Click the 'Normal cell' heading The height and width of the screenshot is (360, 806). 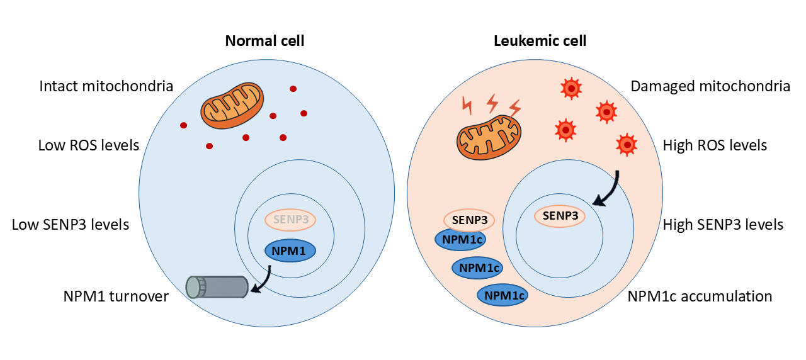click(x=264, y=42)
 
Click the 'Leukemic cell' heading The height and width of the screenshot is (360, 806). click(x=540, y=42)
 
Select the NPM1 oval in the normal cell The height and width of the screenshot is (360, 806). click(x=290, y=250)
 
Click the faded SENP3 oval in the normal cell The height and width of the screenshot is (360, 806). click(x=290, y=220)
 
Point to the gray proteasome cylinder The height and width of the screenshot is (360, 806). click(x=217, y=287)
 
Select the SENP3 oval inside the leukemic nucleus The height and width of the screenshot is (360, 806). click(x=560, y=217)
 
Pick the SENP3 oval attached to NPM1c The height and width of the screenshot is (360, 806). click(x=469, y=220)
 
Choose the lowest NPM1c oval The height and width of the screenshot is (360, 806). click(x=502, y=295)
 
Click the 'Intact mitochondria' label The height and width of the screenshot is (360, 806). click(x=106, y=86)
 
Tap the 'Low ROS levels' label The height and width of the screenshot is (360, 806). click(x=88, y=145)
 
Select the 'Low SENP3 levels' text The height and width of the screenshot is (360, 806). click(x=71, y=224)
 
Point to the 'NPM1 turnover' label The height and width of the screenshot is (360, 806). click(x=116, y=296)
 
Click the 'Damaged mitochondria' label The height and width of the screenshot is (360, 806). click(x=710, y=86)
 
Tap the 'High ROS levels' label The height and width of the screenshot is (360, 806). click(x=715, y=145)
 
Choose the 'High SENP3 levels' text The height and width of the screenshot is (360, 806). click(x=723, y=224)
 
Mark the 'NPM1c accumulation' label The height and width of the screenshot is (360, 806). click(x=700, y=296)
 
